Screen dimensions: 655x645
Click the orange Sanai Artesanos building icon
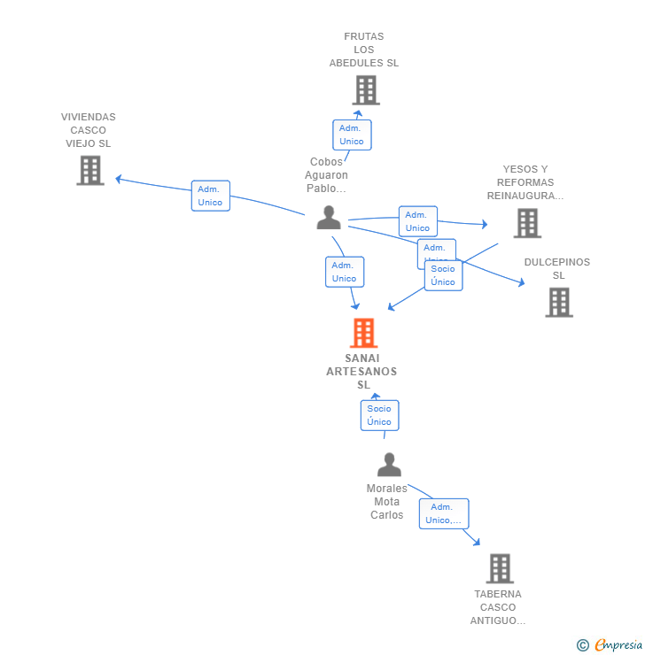363,334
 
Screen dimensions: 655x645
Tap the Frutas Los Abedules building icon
365,90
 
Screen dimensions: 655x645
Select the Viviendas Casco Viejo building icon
90,170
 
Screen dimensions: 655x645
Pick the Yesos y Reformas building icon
527,223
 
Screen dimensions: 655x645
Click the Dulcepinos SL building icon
558,303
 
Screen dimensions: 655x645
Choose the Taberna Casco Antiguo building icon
500,568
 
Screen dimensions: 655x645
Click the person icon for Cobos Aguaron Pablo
329,218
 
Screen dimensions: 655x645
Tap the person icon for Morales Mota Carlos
389,465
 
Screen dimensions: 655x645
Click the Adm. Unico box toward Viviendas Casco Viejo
210,196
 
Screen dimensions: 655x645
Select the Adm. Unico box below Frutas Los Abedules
352,135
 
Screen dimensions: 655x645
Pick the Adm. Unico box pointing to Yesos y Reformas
417,221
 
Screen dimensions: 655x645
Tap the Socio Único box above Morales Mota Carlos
379,415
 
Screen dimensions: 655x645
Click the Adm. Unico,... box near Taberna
443,513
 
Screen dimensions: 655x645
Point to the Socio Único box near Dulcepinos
443,275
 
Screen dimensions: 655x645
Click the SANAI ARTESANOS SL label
361,371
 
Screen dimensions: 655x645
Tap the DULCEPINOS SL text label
556,268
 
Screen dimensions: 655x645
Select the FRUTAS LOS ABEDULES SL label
364,50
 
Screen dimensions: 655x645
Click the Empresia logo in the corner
610,645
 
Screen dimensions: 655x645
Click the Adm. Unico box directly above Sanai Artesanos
344,272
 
